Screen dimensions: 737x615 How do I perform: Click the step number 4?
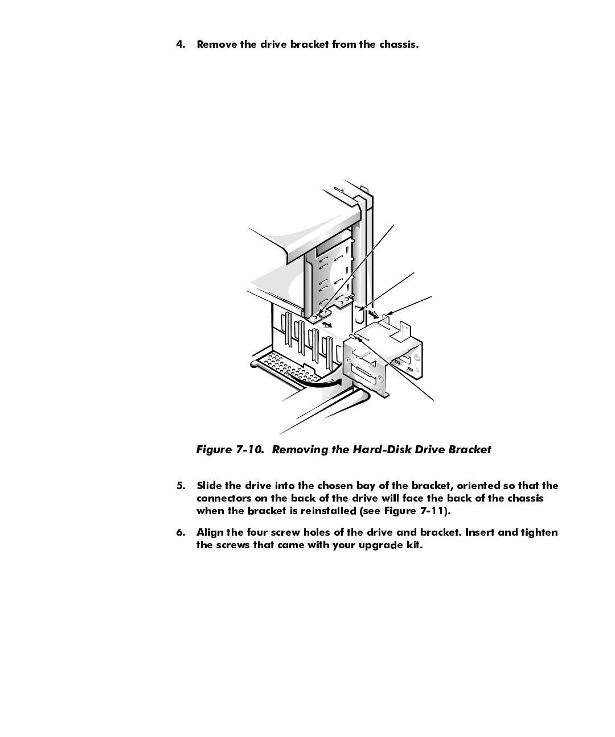[x=181, y=44]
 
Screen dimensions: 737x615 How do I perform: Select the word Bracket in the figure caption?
[x=469, y=450]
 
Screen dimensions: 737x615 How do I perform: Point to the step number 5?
[x=181, y=486]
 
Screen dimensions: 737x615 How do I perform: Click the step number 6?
[x=181, y=532]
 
